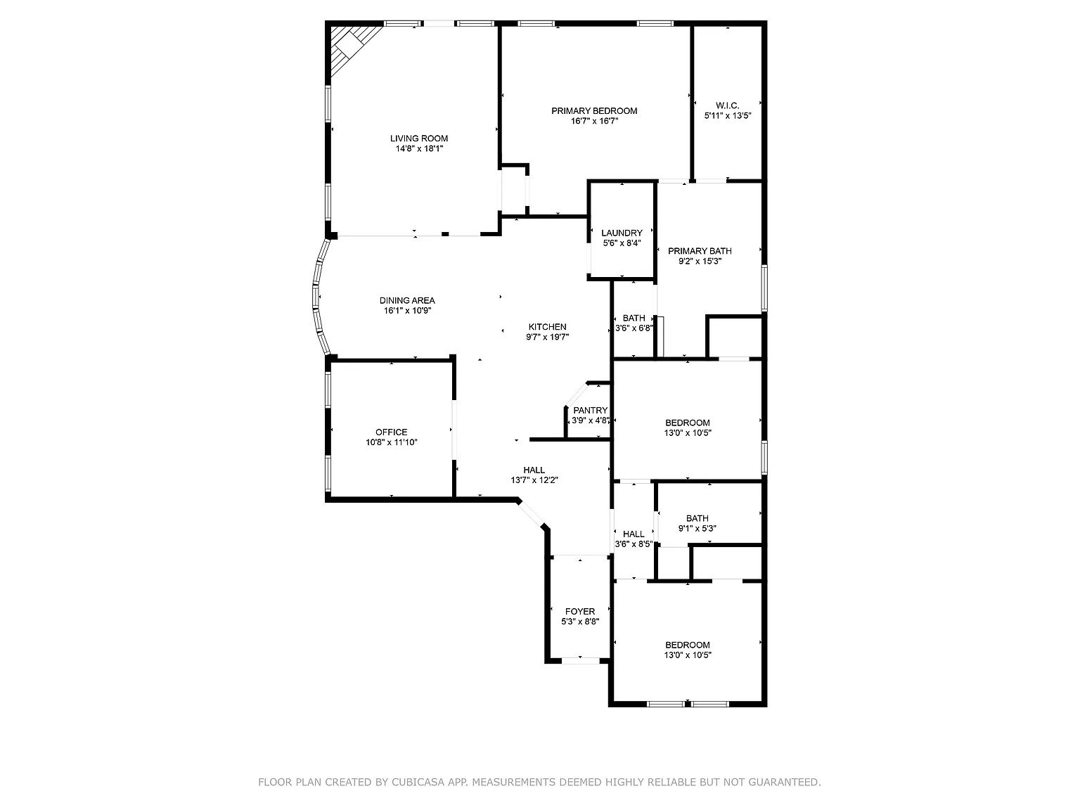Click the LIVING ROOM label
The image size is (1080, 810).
click(419, 139)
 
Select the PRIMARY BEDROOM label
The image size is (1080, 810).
click(594, 111)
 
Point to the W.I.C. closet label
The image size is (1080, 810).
click(727, 105)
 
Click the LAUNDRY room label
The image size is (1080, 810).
click(622, 233)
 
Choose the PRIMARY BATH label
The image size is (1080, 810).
click(700, 251)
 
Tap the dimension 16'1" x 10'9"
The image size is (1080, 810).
click(407, 311)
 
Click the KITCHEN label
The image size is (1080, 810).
click(547, 327)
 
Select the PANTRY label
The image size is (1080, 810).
click(591, 411)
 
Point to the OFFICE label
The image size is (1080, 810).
click(391, 432)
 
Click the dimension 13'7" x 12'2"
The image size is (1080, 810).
click(534, 480)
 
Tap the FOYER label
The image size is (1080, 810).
click(580, 612)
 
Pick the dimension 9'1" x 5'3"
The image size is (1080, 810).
click(697, 529)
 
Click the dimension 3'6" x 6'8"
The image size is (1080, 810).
click(634, 328)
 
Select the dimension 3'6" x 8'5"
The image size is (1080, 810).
click(634, 544)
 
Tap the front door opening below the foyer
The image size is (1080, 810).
click(580, 660)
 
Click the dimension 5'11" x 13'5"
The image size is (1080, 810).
click(728, 116)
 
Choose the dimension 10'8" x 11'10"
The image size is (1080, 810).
click(391, 443)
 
